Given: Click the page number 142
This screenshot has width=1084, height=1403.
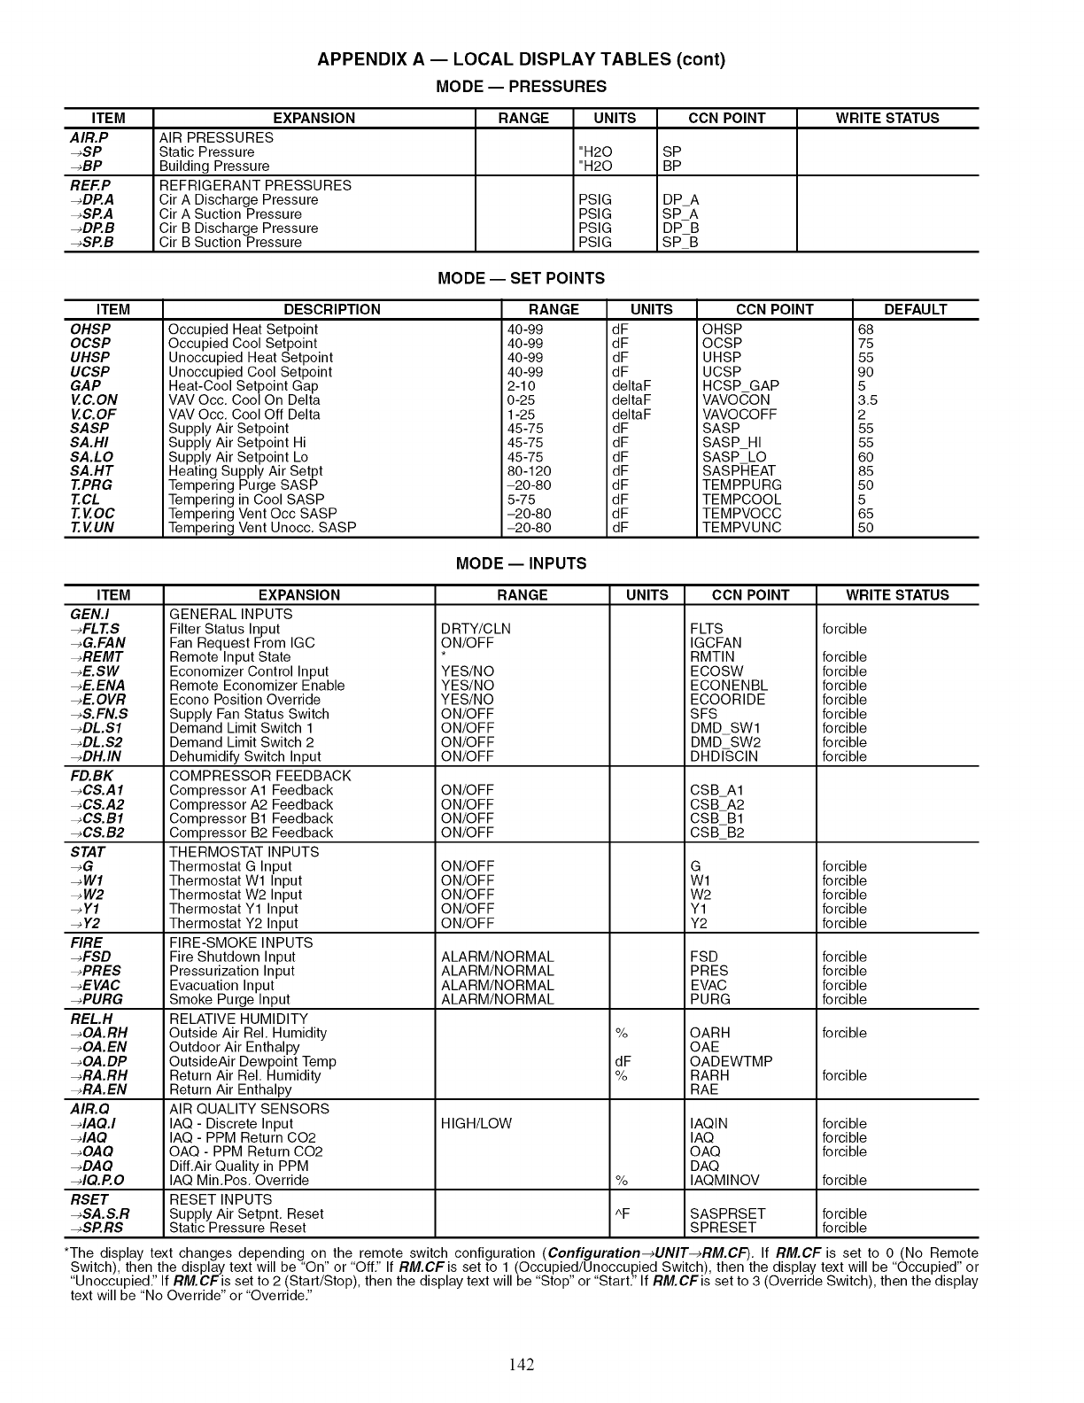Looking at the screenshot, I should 522,1365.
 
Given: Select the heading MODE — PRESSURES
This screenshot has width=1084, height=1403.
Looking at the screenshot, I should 522,87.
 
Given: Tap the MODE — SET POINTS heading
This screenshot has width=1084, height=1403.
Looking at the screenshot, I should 522,278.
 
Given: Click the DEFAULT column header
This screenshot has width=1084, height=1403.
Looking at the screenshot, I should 915,310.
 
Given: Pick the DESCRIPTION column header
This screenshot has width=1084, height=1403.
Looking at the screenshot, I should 332,310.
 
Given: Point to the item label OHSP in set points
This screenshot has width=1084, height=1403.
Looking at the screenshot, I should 89,329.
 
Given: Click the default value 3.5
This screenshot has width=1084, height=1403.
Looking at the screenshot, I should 867,400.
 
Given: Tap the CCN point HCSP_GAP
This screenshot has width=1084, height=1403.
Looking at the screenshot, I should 740,386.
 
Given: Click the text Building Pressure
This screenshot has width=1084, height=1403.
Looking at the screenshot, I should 214,167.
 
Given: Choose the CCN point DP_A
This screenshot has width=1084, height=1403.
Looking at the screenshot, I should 680,200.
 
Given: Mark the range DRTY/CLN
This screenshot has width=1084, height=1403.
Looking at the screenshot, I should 476,629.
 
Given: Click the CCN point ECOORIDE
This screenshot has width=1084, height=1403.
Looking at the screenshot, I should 728,700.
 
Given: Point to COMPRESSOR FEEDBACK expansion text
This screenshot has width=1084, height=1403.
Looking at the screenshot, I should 259,776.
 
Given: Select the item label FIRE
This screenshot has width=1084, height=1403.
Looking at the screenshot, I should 87,942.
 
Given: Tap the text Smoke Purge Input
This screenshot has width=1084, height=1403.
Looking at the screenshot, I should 229,999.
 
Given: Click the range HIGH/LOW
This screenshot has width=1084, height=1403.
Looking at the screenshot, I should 476,1123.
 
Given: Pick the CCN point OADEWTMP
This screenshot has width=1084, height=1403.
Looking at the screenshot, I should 731,1061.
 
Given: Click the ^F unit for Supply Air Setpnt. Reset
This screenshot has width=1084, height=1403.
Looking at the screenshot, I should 621,1213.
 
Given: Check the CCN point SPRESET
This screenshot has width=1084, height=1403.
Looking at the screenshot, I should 723,1228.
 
